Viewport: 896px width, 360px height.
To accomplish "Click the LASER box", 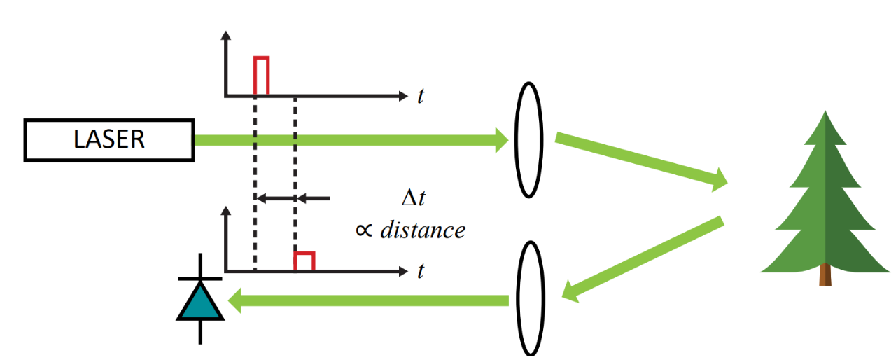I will click(108, 140).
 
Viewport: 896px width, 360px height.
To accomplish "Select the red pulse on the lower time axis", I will click(304, 261).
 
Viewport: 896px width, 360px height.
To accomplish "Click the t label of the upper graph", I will click(420, 96).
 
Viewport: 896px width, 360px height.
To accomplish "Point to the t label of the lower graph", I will click(420, 271).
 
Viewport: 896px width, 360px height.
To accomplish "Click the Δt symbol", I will click(413, 198).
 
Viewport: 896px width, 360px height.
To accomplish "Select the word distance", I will click(422, 230).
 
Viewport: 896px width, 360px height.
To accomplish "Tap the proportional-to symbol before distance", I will click(364, 230).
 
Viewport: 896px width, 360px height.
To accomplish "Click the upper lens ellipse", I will click(529, 139).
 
